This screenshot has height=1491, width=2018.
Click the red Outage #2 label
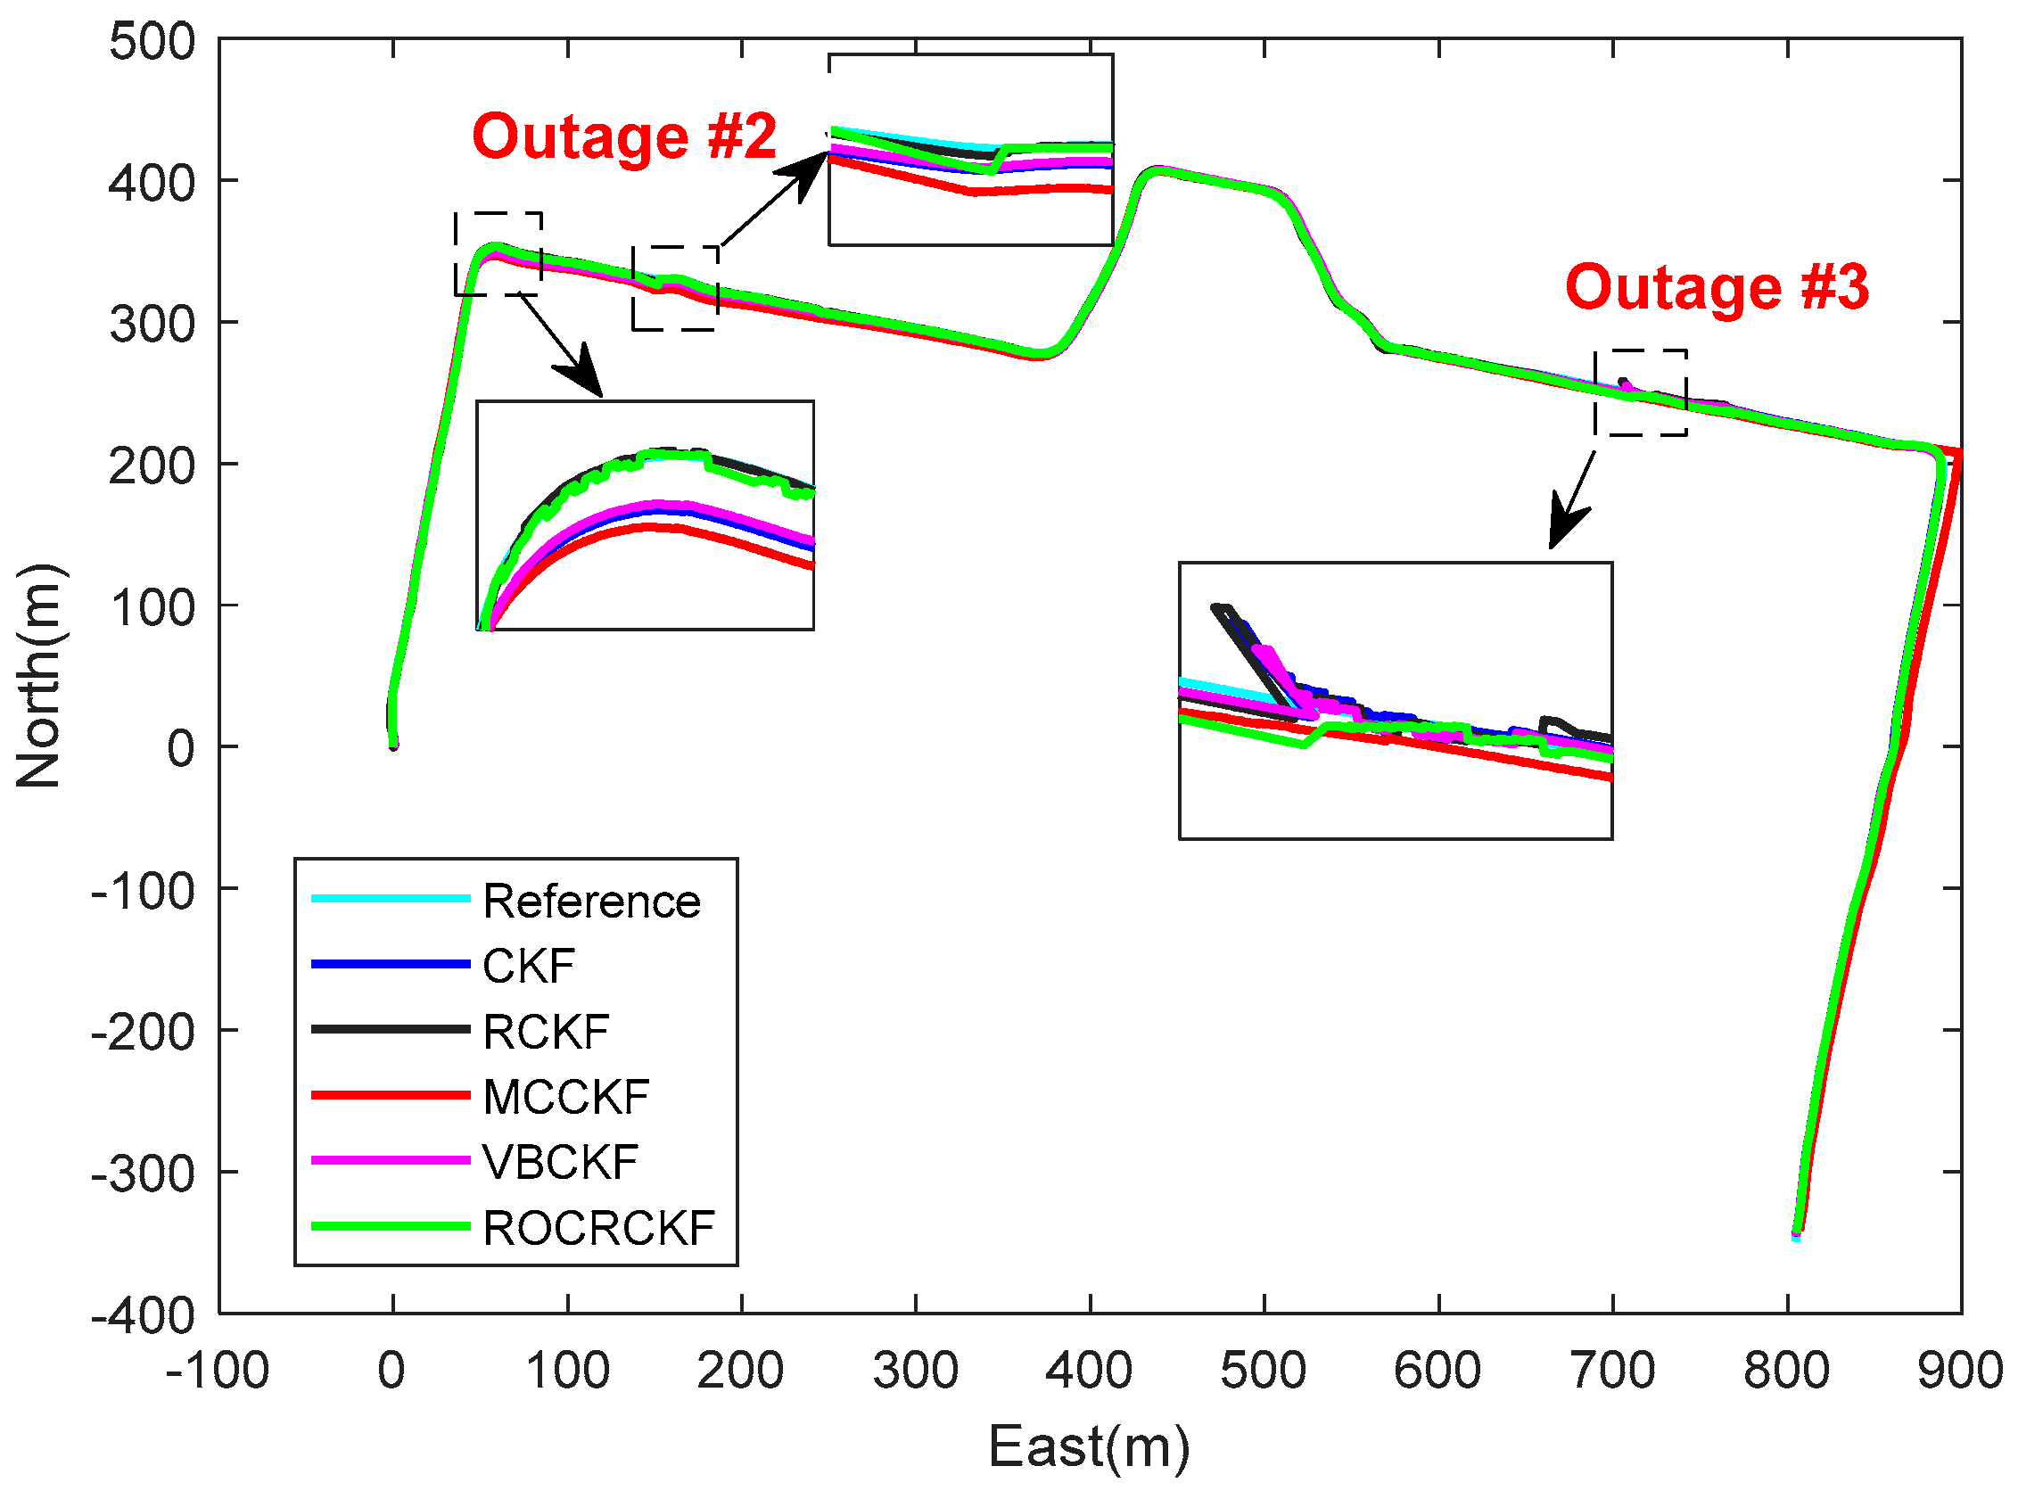pyautogui.click(x=623, y=137)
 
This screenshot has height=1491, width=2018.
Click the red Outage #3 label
pyautogui.click(x=1717, y=288)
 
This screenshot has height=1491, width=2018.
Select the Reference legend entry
pyautogui.click(x=591, y=902)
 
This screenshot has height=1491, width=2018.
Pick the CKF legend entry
pyautogui.click(x=529, y=967)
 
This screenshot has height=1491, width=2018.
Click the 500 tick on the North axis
pyautogui.click(x=152, y=42)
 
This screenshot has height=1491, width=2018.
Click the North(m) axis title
pyautogui.click(x=38, y=676)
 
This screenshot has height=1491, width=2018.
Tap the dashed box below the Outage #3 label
pyautogui.click(x=1640, y=393)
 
